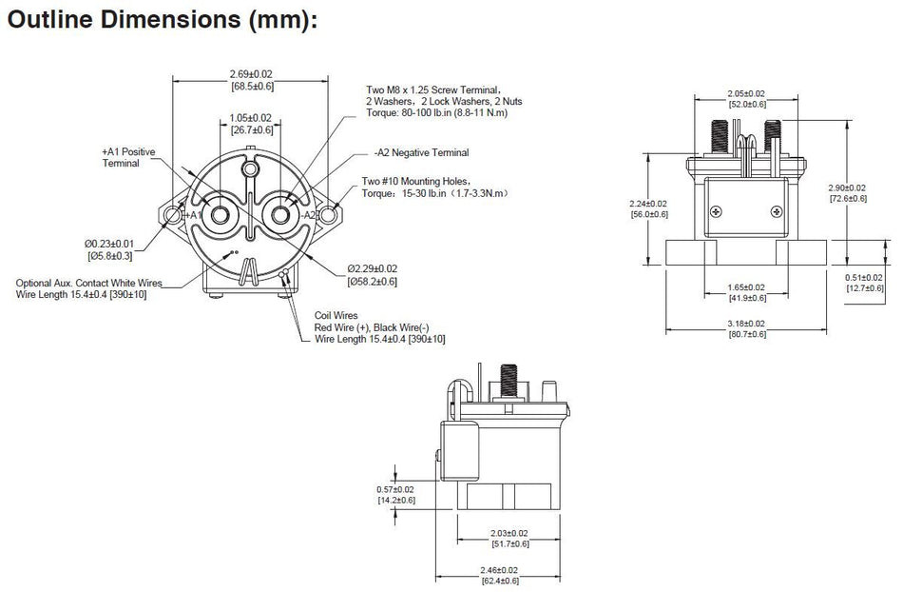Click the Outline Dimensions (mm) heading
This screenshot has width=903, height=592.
pyautogui.click(x=161, y=20)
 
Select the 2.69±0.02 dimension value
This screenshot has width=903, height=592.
pyautogui.click(x=251, y=74)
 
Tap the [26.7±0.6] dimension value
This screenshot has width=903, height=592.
pyautogui.click(x=251, y=130)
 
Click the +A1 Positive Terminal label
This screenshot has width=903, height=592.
pyautogui.click(x=127, y=158)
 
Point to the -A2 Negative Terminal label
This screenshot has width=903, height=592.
pyautogui.click(x=421, y=152)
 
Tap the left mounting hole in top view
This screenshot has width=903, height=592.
pyautogui.click(x=172, y=216)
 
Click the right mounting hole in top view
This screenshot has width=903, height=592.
pyautogui.click(x=329, y=216)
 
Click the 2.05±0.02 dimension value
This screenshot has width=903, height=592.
pyautogui.click(x=745, y=94)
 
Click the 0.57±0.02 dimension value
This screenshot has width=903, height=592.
pyautogui.click(x=396, y=489)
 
